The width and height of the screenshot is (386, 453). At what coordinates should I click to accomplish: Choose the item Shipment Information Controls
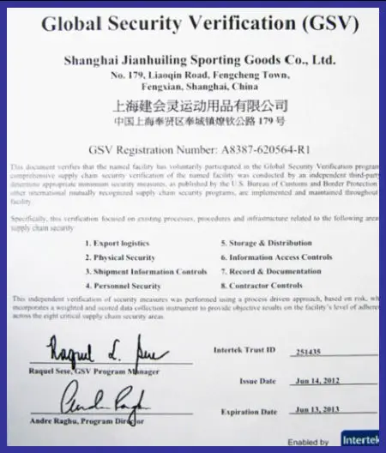click(146, 271)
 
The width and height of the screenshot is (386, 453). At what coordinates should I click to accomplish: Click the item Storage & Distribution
click(266, 243)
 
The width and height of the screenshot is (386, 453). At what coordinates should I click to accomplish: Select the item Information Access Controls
click(275, 257)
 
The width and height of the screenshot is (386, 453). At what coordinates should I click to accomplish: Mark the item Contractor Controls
click(265, 285)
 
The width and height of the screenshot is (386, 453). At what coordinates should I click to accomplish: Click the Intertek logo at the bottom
click(364, 438)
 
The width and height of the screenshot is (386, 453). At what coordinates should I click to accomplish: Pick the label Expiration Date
click(250, 411)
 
